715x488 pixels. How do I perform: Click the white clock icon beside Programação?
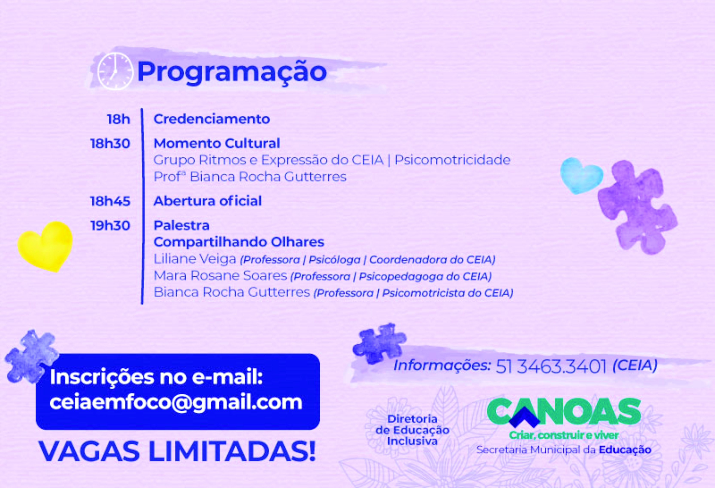coord(115,71)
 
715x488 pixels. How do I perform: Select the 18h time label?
coord(118,119)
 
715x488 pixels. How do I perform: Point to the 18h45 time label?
coord(110,201)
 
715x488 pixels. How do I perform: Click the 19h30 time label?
coord(110,226)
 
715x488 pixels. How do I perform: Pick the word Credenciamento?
coord(212,119)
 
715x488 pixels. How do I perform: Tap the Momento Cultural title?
coord(217,143)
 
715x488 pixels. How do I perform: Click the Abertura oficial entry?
coord(208,201)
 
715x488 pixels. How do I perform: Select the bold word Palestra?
coord(181,226)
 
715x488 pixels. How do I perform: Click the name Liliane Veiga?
coord(195,259)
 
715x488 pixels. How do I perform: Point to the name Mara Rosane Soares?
coord(220,276)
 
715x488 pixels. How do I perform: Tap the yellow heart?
coord(45,246)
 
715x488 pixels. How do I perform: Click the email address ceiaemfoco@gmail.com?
coord(176,402)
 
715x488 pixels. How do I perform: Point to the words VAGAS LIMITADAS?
coord(177,451)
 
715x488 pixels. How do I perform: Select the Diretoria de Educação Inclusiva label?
coord(412,430)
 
